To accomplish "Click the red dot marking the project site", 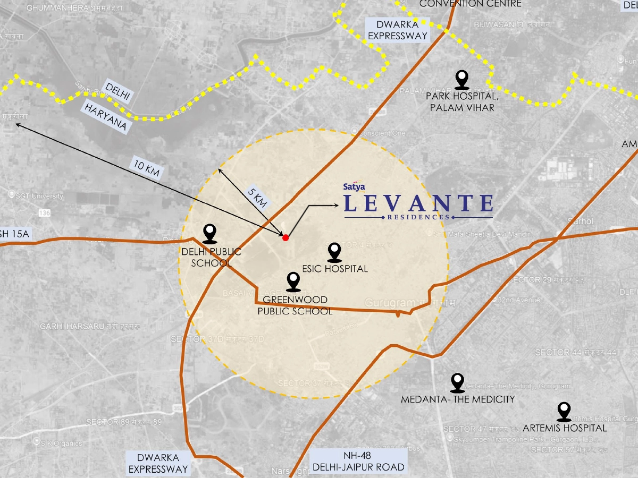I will [286, 237].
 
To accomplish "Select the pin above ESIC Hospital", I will [334, 252].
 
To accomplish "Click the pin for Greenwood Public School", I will [293, 281].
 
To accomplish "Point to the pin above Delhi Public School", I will [211, 233].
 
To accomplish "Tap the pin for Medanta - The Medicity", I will [457, 382].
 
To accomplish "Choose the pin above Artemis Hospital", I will [564, 411].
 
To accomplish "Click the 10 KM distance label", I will [147, 168].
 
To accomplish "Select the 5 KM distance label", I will [258, 197].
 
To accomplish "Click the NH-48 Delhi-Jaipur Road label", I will [358, 461].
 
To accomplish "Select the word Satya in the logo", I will [354, 187].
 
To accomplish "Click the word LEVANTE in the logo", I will [418, 203].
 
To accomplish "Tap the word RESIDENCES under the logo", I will [418, 217].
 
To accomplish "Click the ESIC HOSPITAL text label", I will [334, 269].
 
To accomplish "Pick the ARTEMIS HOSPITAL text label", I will [565, 428].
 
